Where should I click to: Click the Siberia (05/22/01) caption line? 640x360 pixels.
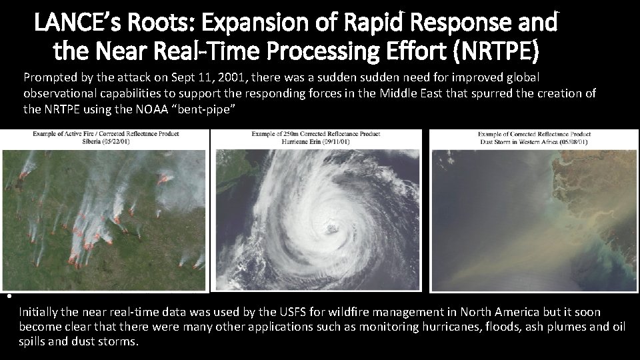[107, 141]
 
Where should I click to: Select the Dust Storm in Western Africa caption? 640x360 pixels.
[533, 141]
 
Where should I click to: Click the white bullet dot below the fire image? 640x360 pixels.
[4, 297]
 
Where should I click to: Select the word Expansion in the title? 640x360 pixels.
[252, 23]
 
